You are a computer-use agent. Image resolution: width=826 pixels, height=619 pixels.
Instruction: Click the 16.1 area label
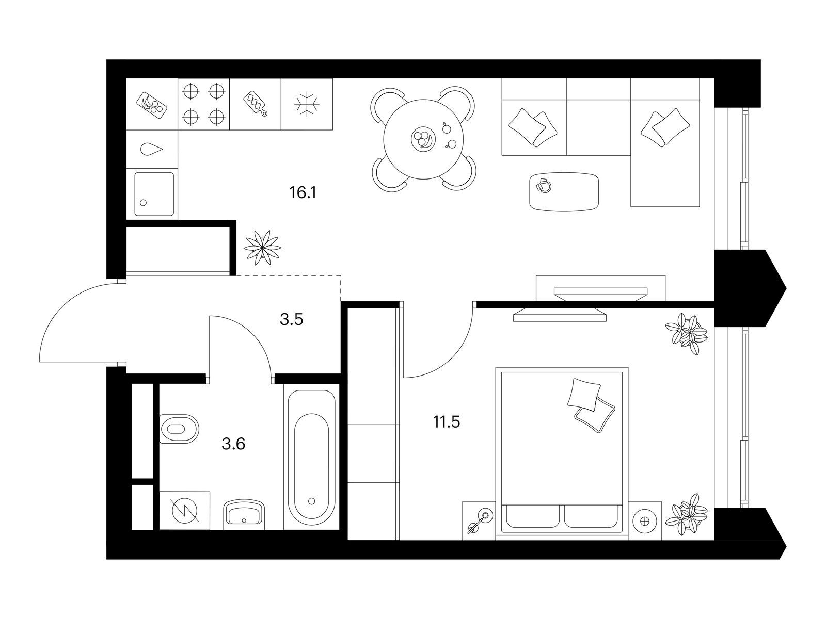point(303,192)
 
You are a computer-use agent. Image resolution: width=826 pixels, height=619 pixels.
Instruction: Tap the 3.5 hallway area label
point(291,319)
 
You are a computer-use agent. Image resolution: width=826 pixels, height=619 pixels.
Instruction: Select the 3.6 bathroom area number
point(233,444)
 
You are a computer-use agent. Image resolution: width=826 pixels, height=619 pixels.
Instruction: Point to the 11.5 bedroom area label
point(447,422)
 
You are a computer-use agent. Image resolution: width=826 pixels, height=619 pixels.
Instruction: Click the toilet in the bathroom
point(179,429)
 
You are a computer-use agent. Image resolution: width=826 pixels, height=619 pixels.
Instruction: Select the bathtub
point(312,458)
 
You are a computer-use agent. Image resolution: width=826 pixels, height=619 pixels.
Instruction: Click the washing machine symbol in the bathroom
point(184,510)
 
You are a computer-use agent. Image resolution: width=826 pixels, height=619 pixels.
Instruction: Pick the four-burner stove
point(203,104)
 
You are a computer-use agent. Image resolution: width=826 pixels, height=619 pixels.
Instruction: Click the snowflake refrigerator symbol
point(307,104)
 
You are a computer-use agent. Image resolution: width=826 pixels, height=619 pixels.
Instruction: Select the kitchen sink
point(154,194)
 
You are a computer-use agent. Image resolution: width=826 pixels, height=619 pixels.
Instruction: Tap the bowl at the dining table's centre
point(423,139)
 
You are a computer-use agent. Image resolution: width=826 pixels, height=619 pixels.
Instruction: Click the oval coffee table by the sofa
point(564,192)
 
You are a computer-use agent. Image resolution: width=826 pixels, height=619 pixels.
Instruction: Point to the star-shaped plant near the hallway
point(262,247)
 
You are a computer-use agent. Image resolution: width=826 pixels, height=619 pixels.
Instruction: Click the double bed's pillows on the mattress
point(591,405)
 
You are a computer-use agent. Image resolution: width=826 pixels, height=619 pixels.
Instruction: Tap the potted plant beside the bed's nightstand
point(686,514)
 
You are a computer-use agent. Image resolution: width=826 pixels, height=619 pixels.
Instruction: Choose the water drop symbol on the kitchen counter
point(151,150)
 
